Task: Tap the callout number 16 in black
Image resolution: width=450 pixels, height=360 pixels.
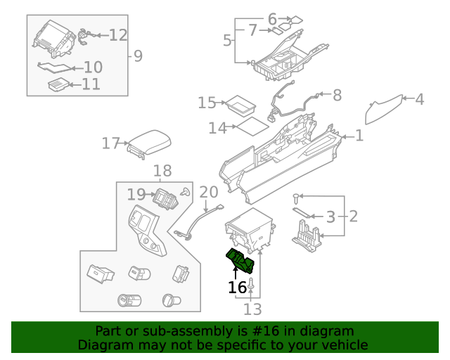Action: (x=238, y=287)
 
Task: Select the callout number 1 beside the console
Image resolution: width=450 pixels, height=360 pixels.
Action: (x=359, y=135)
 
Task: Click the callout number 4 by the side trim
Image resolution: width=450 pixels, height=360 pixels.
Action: (x=419, y=99)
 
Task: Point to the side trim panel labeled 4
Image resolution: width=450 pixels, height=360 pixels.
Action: (x=385, y=109)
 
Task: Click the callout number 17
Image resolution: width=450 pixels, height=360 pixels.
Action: (x=110, y=143)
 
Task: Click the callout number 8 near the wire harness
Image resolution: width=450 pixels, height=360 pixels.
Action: (x=337, y=94)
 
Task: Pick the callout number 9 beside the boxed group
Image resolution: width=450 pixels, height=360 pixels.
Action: (x=138, y=56)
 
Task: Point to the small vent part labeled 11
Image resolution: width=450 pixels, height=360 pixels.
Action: (x=58, y=85)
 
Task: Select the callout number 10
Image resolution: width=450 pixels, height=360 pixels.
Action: (x=93, y=67)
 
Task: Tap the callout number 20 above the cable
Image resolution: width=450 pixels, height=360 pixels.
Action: (x=209, y=192)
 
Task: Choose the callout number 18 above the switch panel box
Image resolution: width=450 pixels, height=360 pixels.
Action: (x=162, y=171)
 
